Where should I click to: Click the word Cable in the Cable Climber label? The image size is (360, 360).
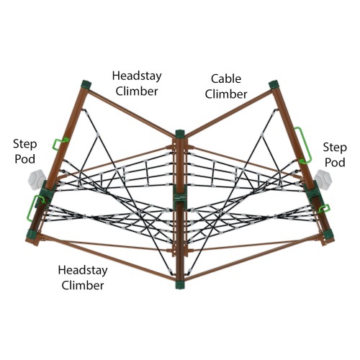[x=226, y=78]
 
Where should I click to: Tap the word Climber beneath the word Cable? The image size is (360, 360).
[x=226, y=94]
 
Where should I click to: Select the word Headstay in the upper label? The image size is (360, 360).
[x=137, y=76]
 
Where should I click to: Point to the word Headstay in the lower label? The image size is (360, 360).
[x=83, y=270]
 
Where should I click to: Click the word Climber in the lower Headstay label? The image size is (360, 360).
[x=83, y=285]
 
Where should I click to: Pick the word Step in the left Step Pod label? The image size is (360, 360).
[x=24, y=144]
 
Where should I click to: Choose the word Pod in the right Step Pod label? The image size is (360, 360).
[x=335, y=163]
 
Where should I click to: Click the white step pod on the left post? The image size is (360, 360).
[x=37, y=179]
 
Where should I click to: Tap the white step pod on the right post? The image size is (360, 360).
[x=323, y=179]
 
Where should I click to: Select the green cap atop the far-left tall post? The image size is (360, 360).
[x=86, y=84]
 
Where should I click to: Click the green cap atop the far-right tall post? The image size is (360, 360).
[x=274, y=84]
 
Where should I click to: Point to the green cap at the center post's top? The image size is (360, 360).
[x=180, y=134]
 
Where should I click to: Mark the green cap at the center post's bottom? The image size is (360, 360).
[x=180, y=284]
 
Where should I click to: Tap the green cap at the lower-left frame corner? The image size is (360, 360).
[x=32, y=234]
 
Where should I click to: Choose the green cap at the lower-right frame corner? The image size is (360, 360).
[x=328, y=235]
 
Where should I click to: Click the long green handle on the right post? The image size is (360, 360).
[x=305, y=145]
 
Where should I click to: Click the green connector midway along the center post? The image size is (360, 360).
[x=180, y=197]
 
